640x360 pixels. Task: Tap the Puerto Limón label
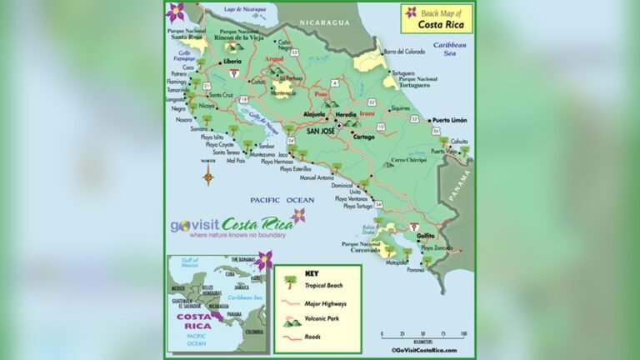pyautogui.click(x=447, y=120)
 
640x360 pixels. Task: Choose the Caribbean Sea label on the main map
pyautogui.click(x=455, y=47)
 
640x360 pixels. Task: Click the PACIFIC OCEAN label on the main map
pyautogui.click(x=282, y=200)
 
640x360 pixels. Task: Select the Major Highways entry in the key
pyautogui.click(x=324, y=303)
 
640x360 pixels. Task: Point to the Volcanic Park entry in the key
pyautogui.click(x=322, y=321)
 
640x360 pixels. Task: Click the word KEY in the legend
pyautogui.click(x=312, y=272)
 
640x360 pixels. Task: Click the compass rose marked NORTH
pyautogui.click(x=208, y=173)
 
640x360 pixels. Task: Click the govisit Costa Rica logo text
pyautogui.click(x=231, y=225)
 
